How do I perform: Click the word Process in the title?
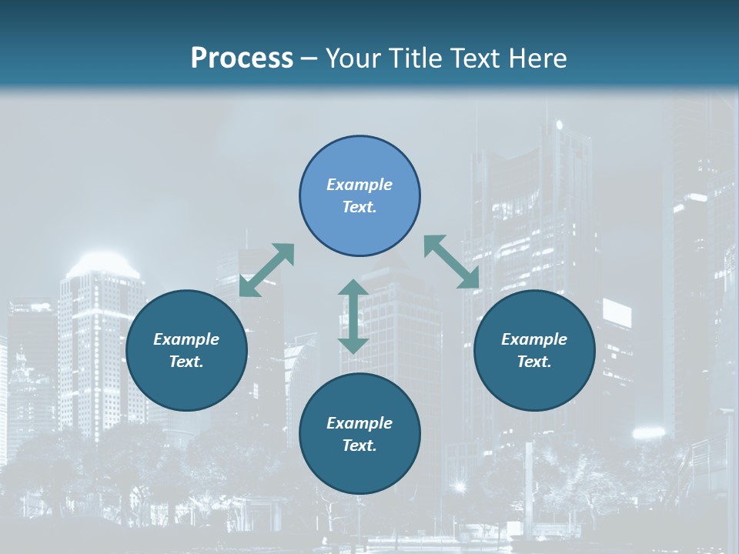(x=242, y=58)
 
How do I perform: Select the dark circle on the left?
(x=186, y=377)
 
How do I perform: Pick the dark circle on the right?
(x=534, y=377)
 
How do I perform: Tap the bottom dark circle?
(x=359, y=469)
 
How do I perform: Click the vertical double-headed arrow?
(x=353, y=316)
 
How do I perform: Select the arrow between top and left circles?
(x=267, y=270)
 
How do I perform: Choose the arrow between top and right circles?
(x=451, y=262)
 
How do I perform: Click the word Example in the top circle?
(x=359, y=185)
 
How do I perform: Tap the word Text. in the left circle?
(x=186, y=362)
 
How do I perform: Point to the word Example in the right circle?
(x=534, y=339)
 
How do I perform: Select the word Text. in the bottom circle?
(x=359, y=446)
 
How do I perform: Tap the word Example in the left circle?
(x=186, y=339)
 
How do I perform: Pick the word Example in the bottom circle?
(x=359, y=423)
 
